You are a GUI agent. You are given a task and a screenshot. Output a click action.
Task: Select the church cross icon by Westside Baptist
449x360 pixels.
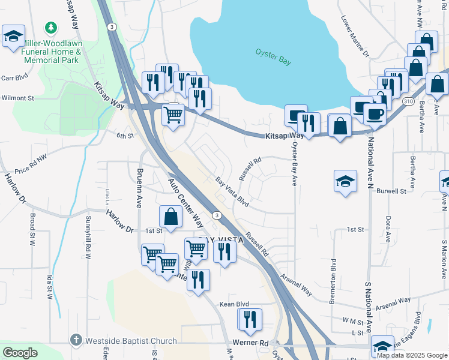click(76, 340)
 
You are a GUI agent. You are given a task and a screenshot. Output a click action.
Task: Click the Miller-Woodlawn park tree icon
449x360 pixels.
click(52, 28)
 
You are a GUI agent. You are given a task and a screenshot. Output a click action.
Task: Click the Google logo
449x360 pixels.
click(20, 353)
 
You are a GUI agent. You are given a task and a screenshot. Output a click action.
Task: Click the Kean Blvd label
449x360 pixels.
click(234, 305)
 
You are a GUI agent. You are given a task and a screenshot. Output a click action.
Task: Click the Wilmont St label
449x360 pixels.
click(17, 98)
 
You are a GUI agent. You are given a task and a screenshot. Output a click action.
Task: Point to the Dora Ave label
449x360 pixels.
click(388, 229)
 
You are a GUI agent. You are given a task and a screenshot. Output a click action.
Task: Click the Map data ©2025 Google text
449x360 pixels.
click(411, 355)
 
